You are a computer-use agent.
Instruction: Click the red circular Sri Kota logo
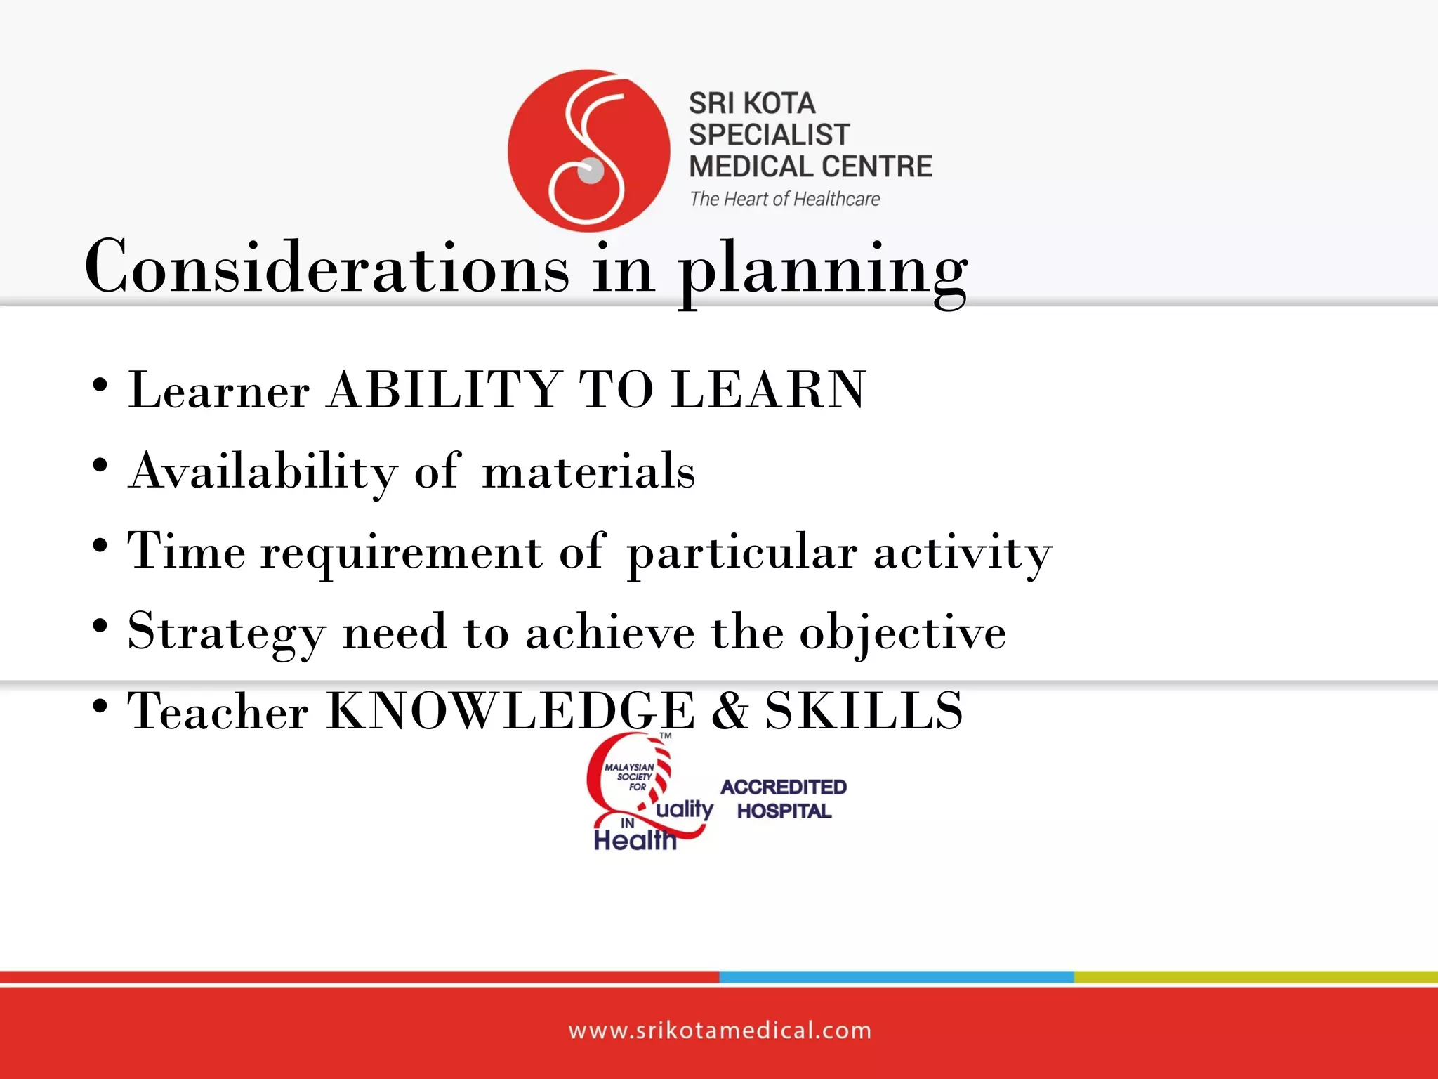(x=588, y=150)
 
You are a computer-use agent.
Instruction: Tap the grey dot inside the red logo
(x=591, y=171)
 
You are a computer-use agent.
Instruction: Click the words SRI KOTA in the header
(x=752, y=103)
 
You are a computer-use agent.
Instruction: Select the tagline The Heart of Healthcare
(x=784, y=200)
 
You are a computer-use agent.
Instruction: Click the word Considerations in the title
(x=326, y=268)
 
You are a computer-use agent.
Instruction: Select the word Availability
(x=263, y=471)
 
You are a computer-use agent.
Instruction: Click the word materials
(x=588, y=471)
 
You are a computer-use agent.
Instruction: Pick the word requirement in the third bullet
(x=402, y=551)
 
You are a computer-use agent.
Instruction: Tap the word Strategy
(x=227, y=632)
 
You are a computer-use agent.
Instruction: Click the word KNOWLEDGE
(x=510, y=711)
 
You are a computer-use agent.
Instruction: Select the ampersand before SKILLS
(x=730, y=711)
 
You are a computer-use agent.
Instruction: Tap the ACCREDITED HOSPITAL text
(x=784, y=799)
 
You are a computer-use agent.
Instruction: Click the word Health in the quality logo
(x=635, y=840)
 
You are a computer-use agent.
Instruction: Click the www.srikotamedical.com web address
(x=720, y=1031)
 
